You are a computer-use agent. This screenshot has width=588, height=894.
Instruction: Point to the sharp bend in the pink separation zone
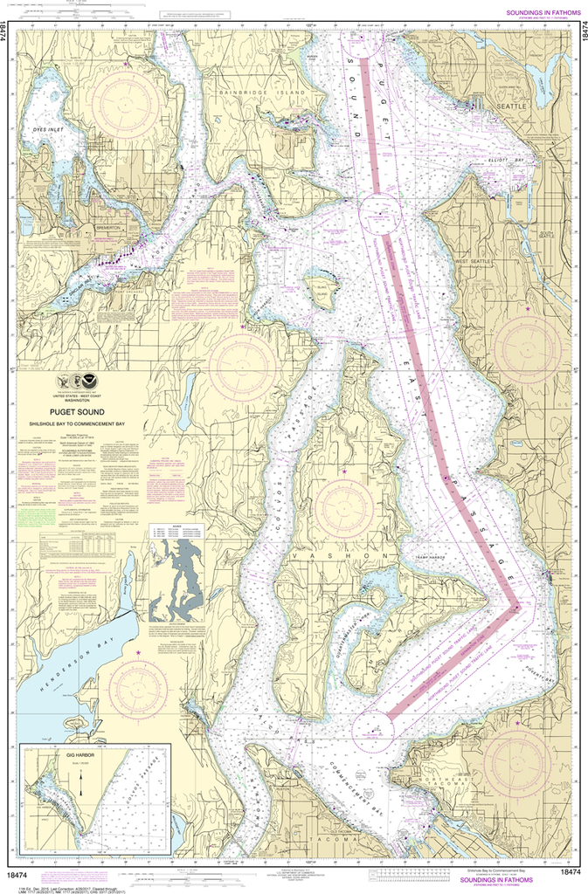[x=517, y=608]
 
